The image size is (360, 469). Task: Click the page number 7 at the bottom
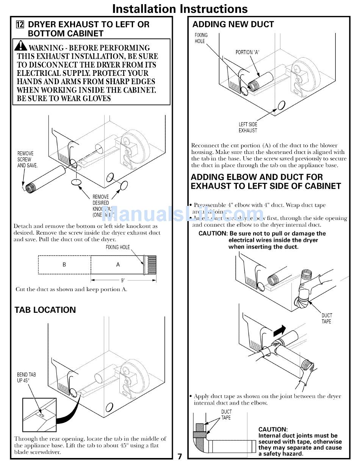180,456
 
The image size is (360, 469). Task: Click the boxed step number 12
20,25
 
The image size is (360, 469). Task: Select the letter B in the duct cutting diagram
64,265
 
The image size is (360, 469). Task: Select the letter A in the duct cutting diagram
118,265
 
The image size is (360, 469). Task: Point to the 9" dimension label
123,281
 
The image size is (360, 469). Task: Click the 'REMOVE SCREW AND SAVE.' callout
27,159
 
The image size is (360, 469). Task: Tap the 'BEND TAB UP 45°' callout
26,377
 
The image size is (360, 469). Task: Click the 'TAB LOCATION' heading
45,310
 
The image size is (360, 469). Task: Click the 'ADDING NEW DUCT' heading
233,25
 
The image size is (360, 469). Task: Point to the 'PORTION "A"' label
247,52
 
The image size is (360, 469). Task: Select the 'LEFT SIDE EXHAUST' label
248,127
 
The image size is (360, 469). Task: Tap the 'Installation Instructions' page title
180,8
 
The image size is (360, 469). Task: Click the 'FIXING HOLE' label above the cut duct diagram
117,247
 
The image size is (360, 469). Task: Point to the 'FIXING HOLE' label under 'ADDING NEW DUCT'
201,38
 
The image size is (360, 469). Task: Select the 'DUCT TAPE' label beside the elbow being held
326,318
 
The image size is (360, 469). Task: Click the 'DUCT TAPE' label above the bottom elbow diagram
226,414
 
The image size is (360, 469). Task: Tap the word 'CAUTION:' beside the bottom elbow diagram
273,430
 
